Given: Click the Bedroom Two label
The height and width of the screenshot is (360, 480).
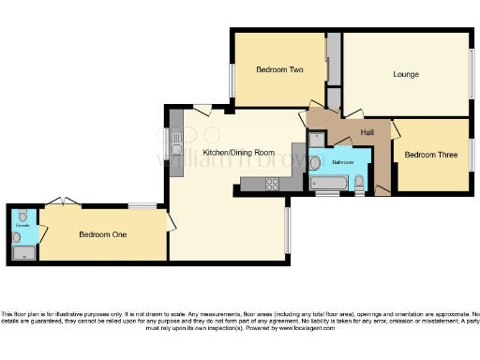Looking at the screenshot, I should [280, 69].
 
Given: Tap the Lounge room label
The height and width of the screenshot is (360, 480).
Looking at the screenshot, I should [405, 74].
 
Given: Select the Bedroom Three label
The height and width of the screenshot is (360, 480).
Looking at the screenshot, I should [431, 154].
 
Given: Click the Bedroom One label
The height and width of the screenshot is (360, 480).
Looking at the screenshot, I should [102, 234].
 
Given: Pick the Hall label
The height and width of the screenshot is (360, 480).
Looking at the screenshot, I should [367, 133].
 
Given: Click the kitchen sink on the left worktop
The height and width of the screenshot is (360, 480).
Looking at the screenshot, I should [175, 146].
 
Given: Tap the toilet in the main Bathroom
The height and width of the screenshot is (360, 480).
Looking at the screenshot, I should [359, 184].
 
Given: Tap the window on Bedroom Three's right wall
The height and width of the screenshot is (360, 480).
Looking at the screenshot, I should [472, 153].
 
